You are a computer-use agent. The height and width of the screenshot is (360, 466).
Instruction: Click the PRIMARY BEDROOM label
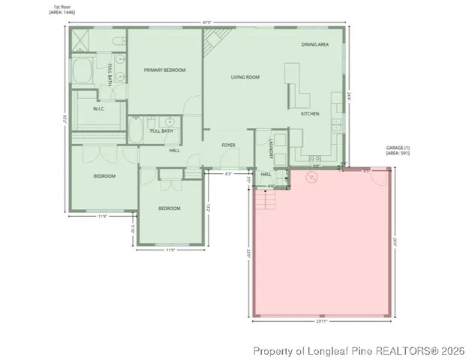click(164, 70)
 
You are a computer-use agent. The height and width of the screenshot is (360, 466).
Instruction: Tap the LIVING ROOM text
click(245, 77)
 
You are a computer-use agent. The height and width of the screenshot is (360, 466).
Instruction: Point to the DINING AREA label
click(315, 45)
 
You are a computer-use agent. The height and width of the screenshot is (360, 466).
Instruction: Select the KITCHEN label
click(310, 114)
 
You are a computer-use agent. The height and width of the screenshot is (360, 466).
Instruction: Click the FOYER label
click(229, 145)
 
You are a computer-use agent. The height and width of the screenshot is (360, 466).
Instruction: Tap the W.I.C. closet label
click(99, 109)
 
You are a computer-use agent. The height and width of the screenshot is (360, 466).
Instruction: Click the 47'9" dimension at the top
click(207, 22)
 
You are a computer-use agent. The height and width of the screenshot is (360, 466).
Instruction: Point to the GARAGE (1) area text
click(398, 151)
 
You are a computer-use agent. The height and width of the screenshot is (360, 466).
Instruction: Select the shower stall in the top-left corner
click(82, 40)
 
